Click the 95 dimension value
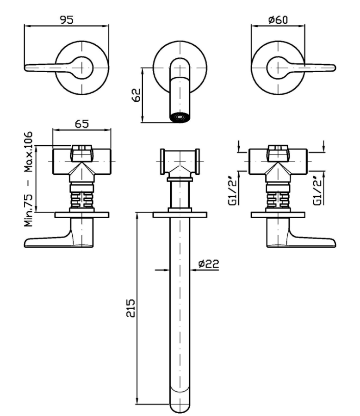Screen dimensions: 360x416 click(67, 20)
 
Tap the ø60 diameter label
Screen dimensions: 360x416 click(278, 20)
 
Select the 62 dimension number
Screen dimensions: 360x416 click(136, 95)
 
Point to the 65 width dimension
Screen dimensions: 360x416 click(81, 124)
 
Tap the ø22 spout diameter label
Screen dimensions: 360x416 click(209, 263)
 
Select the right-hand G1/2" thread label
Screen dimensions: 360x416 click(317, 191)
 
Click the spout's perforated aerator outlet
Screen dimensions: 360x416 click(180, 117)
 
